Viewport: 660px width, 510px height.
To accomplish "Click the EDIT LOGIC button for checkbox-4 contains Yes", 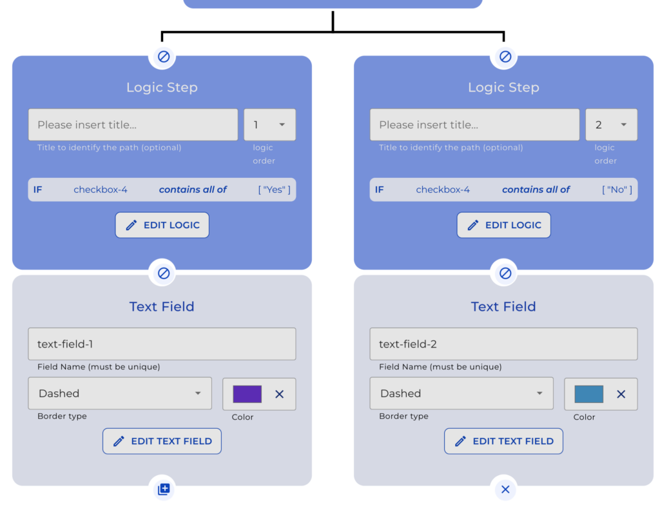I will click(162, 225).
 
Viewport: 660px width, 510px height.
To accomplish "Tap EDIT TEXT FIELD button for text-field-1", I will click(162, 441).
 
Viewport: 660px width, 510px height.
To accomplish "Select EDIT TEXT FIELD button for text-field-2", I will click(503, 441).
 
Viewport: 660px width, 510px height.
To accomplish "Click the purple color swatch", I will click(247, 394).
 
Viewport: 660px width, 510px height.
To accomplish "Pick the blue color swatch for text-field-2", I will click(588, 394).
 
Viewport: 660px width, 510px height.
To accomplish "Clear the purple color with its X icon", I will click(279, 394).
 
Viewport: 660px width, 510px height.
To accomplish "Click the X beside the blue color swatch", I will click(621, 394).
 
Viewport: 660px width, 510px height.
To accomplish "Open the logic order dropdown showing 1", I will click(269, 125).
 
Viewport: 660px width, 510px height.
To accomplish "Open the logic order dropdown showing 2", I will click(611, 125).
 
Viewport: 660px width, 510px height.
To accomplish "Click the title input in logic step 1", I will click(133, 125).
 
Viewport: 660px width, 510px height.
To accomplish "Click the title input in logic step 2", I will click(474, 125).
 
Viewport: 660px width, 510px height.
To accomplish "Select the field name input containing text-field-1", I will click(162, 344).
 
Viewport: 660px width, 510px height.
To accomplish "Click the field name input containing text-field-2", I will click(503, 344).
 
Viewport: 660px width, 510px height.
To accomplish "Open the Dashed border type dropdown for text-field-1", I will click(120, 393).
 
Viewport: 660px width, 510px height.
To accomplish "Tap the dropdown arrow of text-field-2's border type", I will click(539, 393).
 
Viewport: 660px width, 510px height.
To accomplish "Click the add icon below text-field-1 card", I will click(163, 489).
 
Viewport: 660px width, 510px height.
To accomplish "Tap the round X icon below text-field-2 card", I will click(505, 489).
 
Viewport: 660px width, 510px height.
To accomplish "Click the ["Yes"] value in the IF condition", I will click(274, 190).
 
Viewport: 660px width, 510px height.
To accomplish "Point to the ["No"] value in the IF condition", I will click(617, 190).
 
